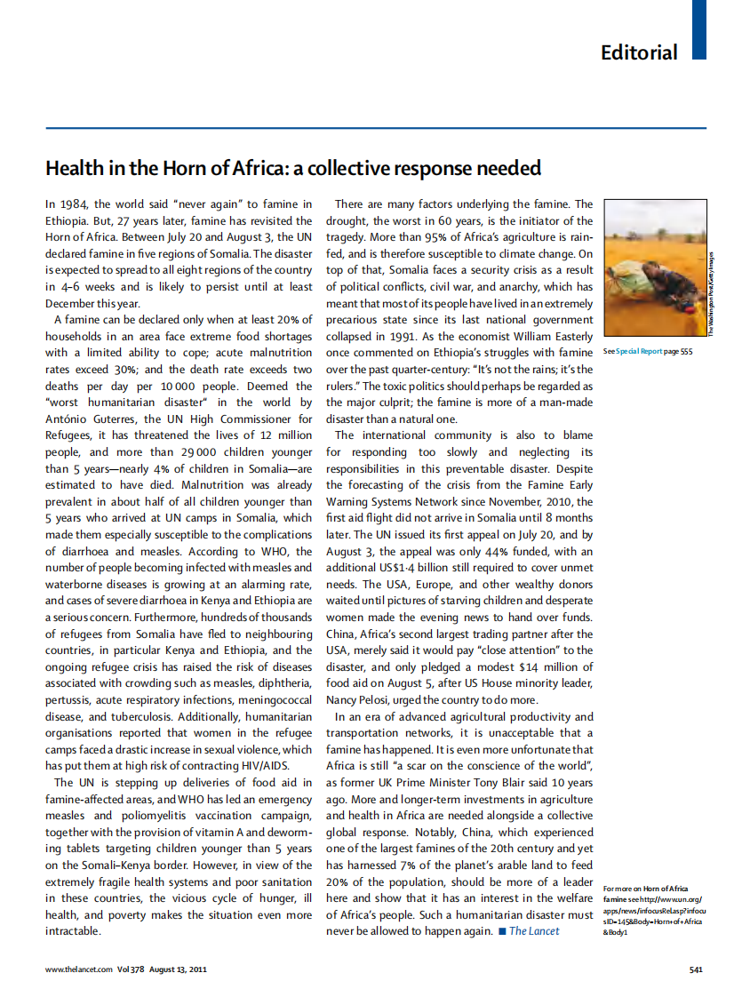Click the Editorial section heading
[x=638, y=52]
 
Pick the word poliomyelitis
[x=139, y=816]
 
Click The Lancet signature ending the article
[x=534, y=931]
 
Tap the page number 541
[x=696, y=969]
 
